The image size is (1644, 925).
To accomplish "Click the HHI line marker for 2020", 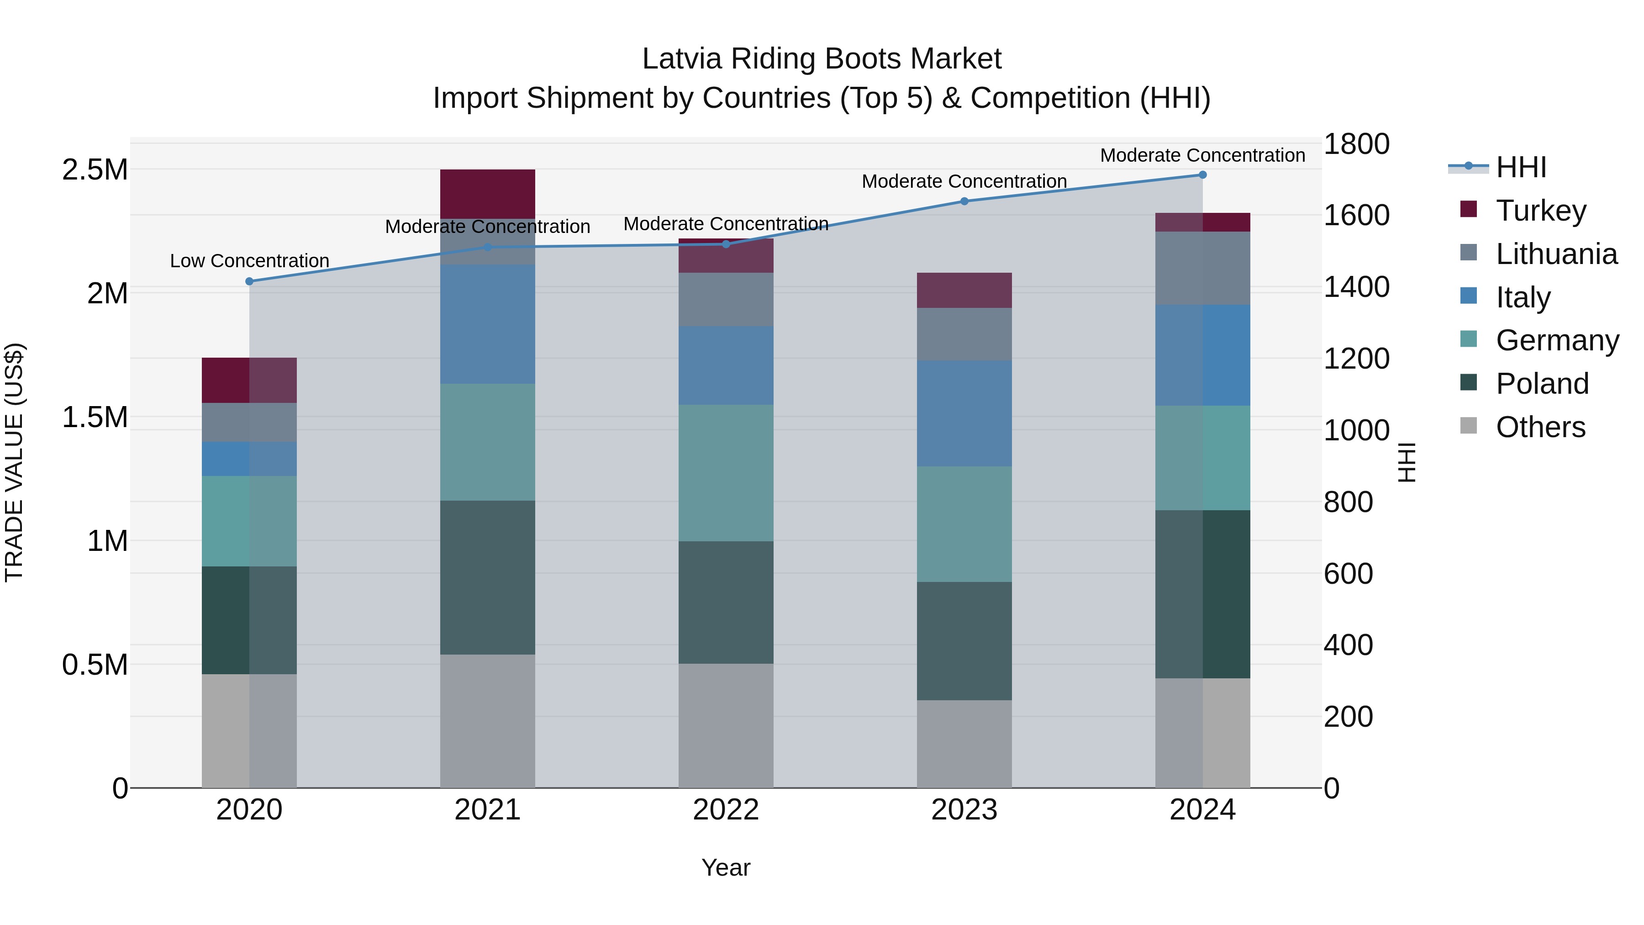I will [249, 281].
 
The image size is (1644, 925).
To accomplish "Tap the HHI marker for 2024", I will [1202, 175].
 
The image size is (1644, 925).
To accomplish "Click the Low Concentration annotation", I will [249, 261].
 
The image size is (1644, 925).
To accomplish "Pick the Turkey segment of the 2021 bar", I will [488, 194].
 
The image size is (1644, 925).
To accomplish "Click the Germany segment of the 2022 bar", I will [726, 473].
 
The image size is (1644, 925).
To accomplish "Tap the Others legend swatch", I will [1469, 426].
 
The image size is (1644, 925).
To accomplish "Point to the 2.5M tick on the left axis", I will [95, 170].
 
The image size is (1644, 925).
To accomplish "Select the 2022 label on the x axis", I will [726, 810].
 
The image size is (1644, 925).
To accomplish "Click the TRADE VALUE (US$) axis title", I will [14, 462].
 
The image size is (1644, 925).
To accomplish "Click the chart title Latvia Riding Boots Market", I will [822, 59].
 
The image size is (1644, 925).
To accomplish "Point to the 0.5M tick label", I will [95, 665].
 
